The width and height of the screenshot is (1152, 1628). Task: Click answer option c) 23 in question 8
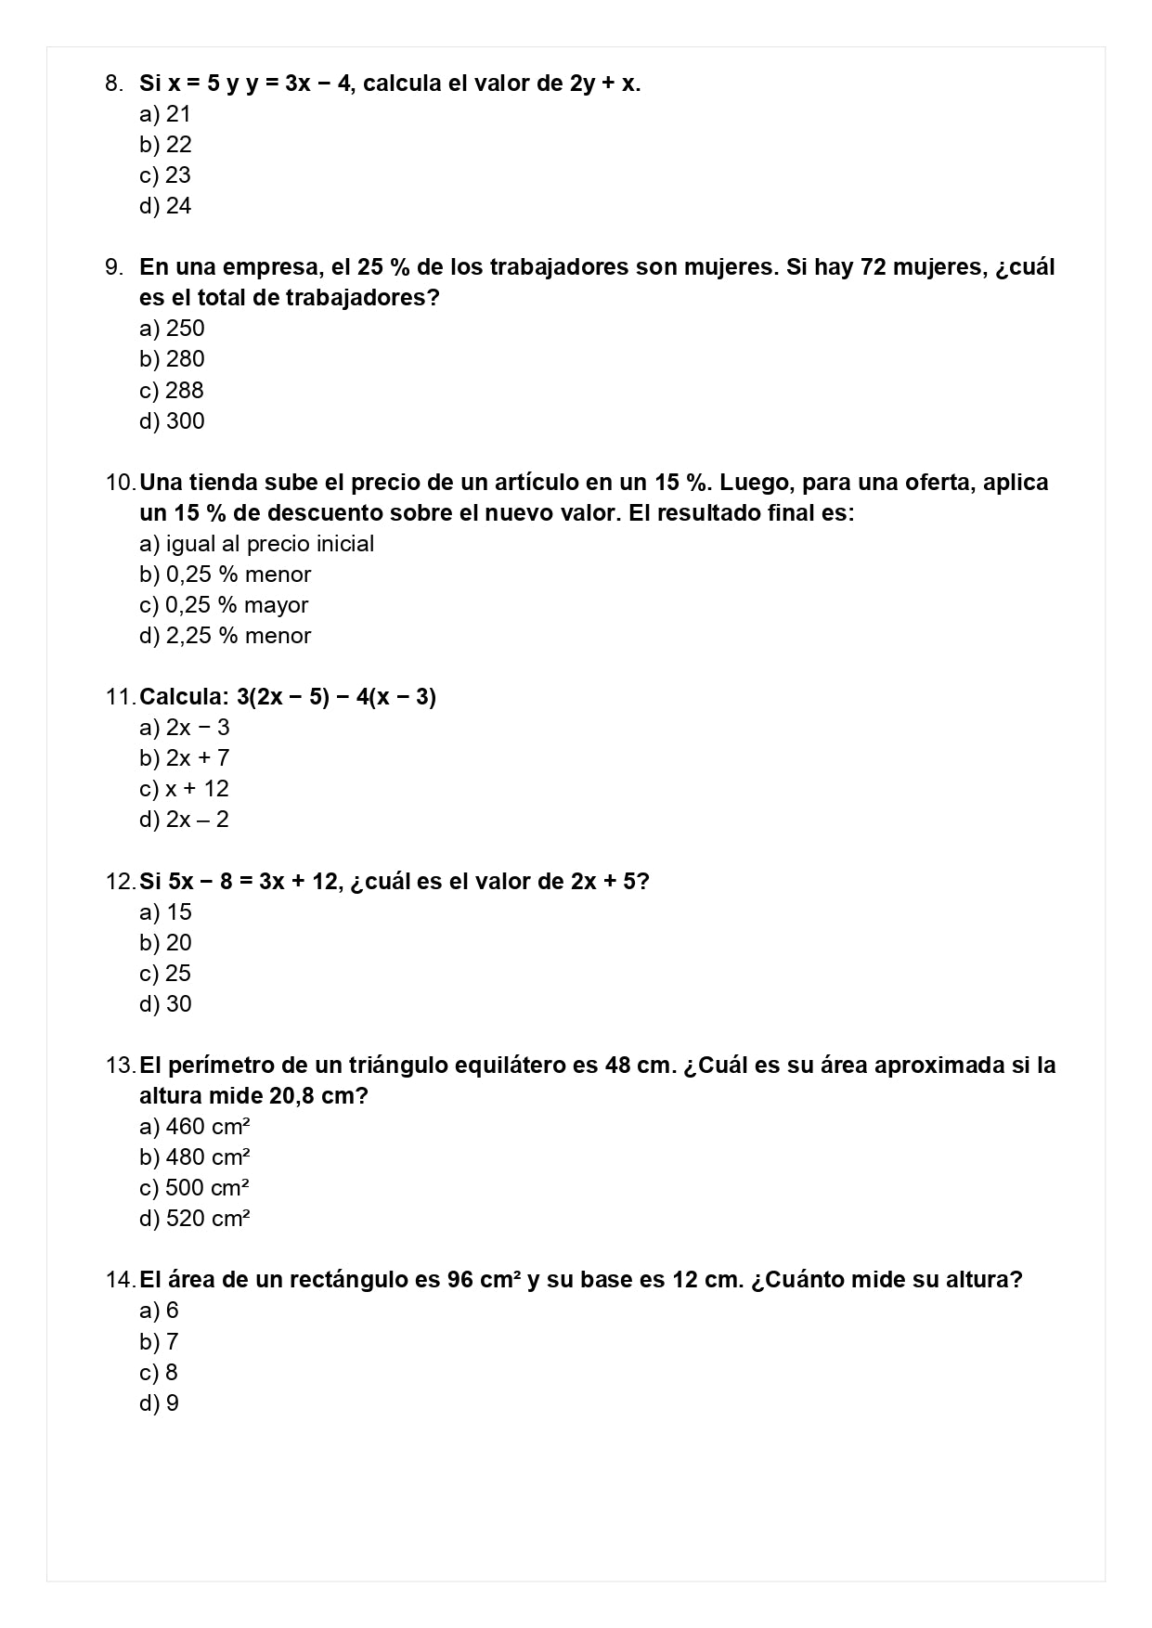point(165,175)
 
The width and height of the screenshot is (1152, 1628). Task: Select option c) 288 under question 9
point(172,391)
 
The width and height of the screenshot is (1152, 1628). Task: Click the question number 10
point(120,483)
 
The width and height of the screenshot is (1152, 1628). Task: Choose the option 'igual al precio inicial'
point(256,544)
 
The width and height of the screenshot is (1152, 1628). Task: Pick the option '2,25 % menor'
point(226,636)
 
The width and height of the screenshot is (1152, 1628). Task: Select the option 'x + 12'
point(185,789)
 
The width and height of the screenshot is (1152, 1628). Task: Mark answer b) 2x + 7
point(185,758)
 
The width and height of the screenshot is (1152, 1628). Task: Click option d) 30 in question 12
point(166,1004)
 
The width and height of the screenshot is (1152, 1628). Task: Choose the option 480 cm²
point(195,1157)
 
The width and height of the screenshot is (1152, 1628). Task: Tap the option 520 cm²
point(195,1219)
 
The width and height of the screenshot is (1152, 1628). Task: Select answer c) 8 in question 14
point(159,1373)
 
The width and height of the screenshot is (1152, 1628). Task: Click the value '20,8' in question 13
point(293,1096)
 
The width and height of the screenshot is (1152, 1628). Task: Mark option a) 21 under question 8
point(165,114)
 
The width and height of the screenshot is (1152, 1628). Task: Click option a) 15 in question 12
point(166,912)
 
